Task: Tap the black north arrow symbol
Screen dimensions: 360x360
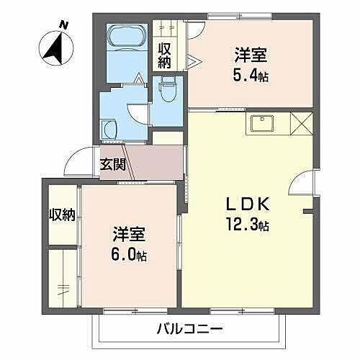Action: click(x=53, y=46)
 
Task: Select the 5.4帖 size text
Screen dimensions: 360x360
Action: click(x=251, y=76)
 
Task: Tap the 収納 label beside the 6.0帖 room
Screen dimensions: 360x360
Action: click(x=62, y=215)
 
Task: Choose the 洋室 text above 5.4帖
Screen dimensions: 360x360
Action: click(x=251, y=54)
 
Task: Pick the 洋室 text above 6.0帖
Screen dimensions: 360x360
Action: click(x=129, y=235)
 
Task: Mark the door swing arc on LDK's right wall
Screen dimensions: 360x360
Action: click(x=302, y=185)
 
